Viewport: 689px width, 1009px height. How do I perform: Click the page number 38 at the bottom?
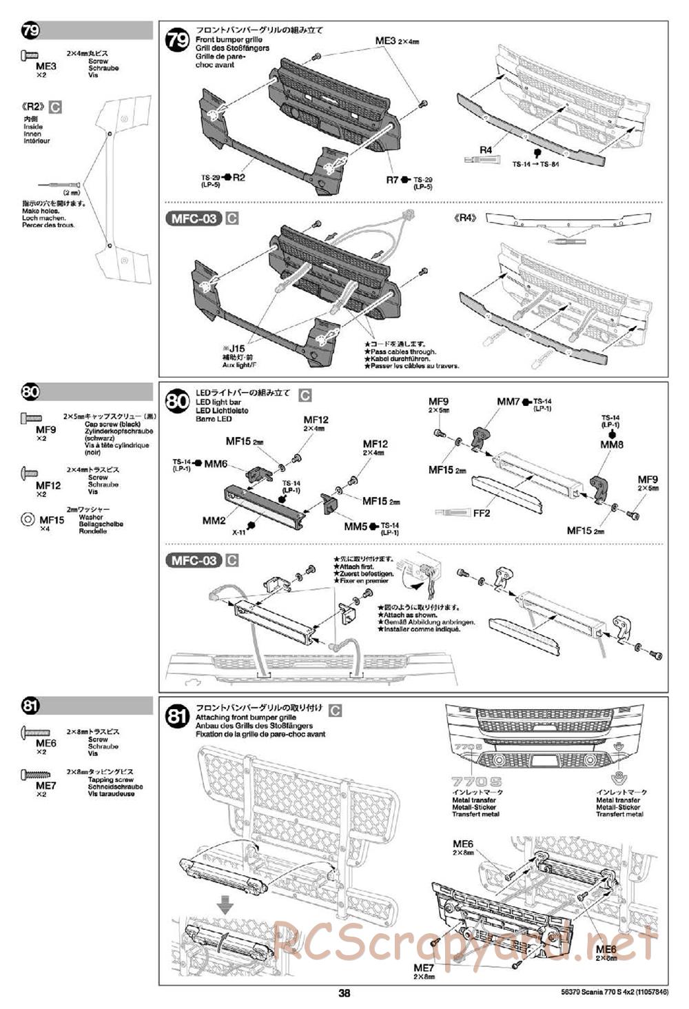click(x=344, y=993)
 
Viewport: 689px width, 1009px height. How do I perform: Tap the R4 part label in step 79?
click(x=486, y=150)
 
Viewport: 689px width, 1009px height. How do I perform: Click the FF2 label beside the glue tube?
click(x=482, y=513)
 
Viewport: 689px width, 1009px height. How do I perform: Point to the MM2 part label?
click(x=214, y=521)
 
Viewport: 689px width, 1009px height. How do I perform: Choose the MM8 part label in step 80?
click(x=611, y=445)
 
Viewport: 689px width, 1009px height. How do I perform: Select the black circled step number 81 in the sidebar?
click(x=30, y=706)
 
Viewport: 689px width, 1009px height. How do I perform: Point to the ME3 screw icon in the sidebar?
click(x=32, y=55)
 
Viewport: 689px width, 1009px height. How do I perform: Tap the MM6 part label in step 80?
click(x=216, y=464)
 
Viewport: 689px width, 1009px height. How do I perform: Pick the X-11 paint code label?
click(x=239, y=532)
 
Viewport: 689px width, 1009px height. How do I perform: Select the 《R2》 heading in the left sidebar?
click(x=34, y=107)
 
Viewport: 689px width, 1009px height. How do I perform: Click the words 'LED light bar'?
click(x=218, y=401)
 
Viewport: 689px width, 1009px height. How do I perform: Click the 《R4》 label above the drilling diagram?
click(x=466, y=218)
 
